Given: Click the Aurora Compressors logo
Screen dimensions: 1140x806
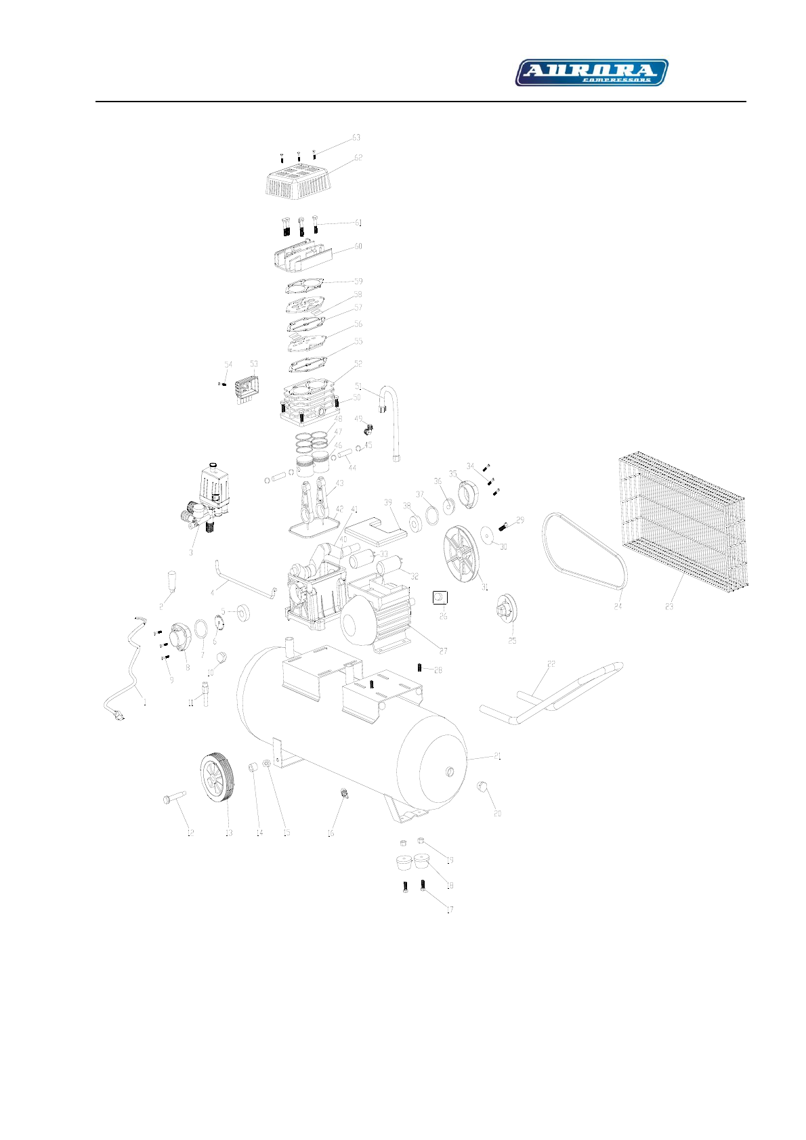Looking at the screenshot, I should pos(591,72).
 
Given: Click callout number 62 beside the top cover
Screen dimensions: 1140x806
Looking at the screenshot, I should pos(358,158).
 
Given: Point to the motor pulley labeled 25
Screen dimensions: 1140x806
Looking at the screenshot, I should pos(505,607).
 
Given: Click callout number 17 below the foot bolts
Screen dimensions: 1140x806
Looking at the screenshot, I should pos(450,910).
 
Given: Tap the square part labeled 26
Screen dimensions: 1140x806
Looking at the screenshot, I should pos(440,596).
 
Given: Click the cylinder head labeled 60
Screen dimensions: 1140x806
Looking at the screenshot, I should pos(302,255).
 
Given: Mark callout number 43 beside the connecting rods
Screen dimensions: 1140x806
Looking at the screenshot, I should pos(339,483).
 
